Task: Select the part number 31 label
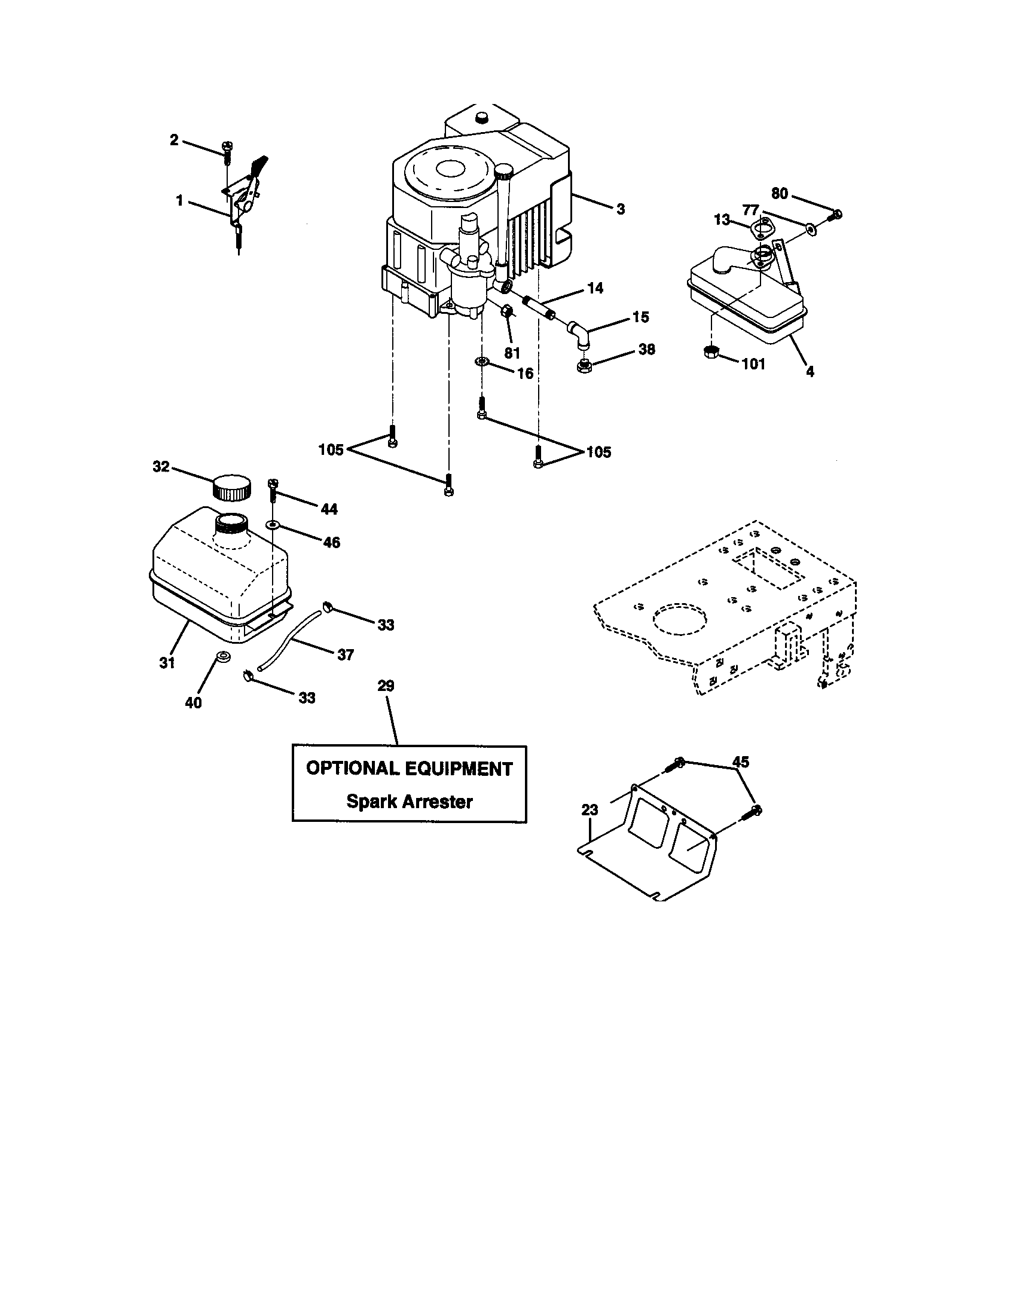click(167, 662)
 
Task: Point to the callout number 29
click(386, 686)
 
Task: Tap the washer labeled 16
click(482, 362)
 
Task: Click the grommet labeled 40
click(222, 656)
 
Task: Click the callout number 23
click(590, 811)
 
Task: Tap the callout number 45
click(740, 762)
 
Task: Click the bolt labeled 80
click(835, 215)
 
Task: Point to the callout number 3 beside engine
click(620, 209)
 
